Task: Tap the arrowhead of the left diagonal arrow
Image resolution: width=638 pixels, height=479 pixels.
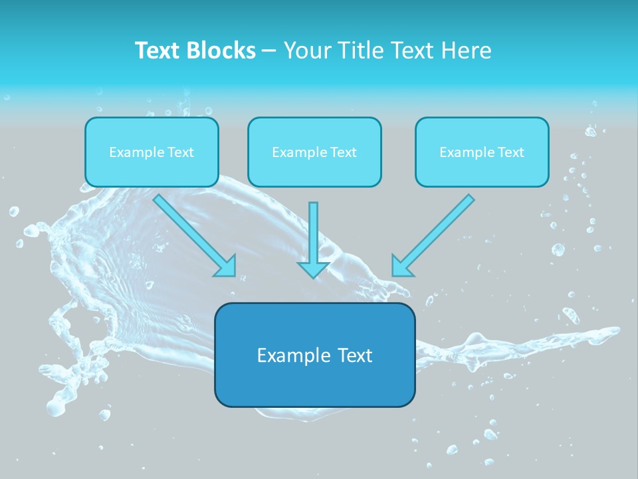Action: (226, 266)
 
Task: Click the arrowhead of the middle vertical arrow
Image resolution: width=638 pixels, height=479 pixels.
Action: (314, 269)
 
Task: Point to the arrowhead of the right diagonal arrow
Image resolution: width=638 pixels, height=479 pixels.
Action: (401, 266)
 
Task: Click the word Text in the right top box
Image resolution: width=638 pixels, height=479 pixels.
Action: (510, 152)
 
